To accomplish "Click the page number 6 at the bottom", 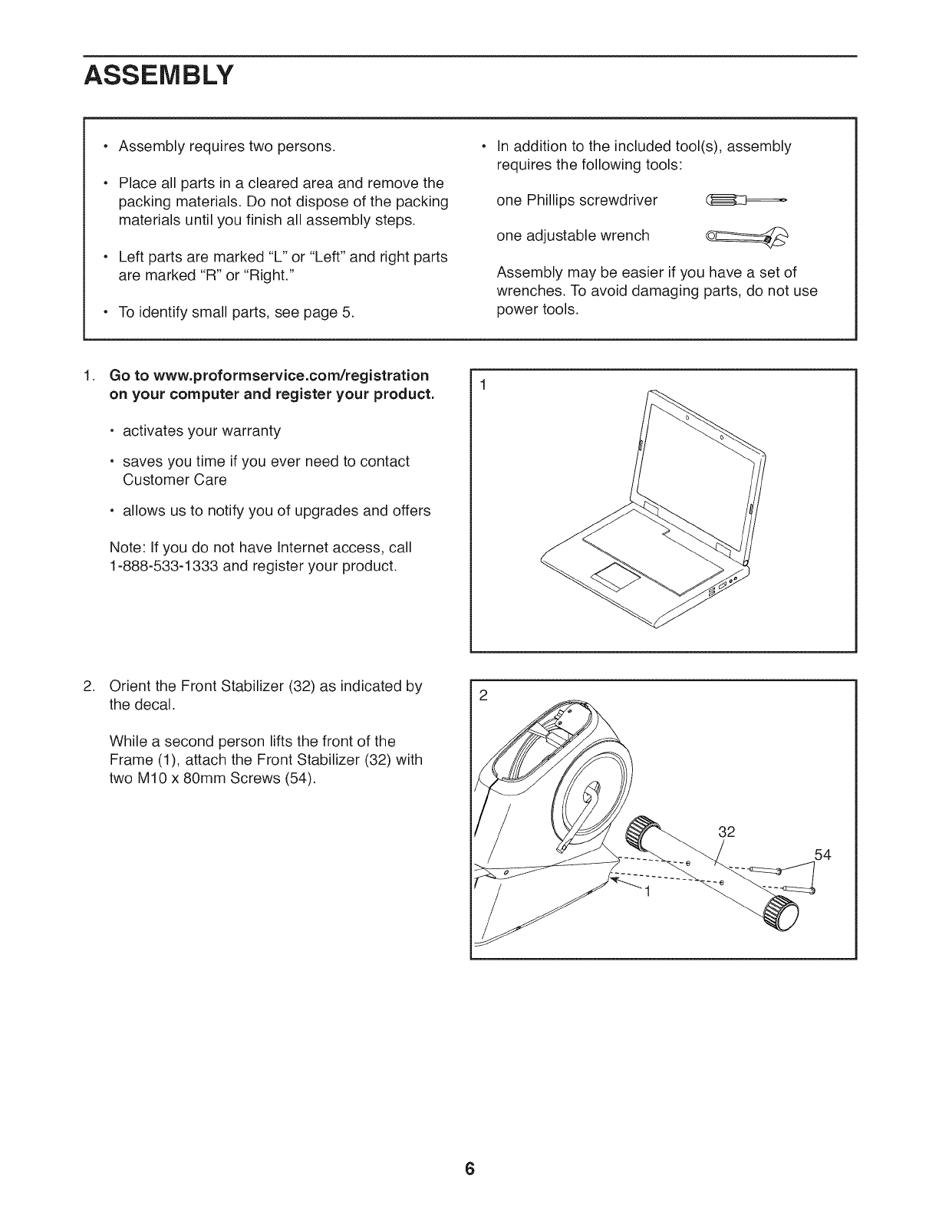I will [x=470, y=1169].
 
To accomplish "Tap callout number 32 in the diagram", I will [x=727, y=831].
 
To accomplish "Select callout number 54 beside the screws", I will [x=822, y=854].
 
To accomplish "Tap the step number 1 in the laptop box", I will [x=483, y=385].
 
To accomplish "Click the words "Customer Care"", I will [x=174, y=480].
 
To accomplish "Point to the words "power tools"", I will [x=538, y=310].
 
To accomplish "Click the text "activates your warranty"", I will [x=202, y=431].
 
